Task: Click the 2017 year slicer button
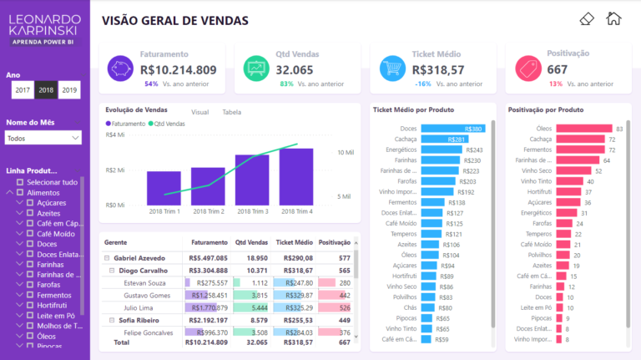pyautogui.click(x=23, y=90)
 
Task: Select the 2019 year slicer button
pyautogui.click(x=69, y=90)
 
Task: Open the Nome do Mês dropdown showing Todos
pyautogui.click(x=43, y=138)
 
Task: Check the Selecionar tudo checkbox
pyautogui.click(x=19, y=181)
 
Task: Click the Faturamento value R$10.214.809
pyautogui.click(x=179, y=70)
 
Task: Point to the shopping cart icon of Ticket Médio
pyautogui.click(x=393, y=68)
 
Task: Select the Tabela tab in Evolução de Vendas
pyautogui.click(x=232, y=111)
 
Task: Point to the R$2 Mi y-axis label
pyautogui.click(x=115, y=170)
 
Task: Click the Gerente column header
pyautogui.click(x=115, y=242)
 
